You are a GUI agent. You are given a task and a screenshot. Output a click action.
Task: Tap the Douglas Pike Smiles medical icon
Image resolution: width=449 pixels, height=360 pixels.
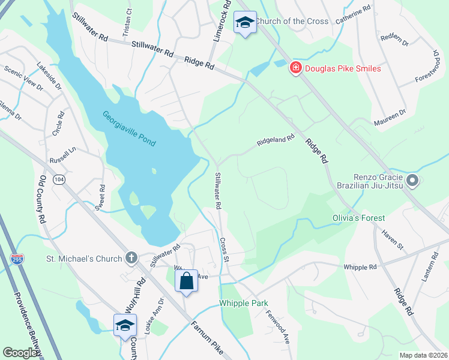pos(295,68)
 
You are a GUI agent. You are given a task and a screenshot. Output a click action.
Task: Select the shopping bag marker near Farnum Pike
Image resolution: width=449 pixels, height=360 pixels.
pos(186,280)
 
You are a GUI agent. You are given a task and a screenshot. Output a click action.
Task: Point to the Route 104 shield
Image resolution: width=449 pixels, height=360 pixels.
pos(59,179)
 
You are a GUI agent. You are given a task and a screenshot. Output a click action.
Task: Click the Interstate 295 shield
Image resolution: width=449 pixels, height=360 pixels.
pos(17,259)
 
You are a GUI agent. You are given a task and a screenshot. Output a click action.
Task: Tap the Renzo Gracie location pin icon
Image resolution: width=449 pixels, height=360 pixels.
pos(412,180)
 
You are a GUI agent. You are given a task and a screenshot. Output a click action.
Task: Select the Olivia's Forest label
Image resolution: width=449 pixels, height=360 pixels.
pos(359,218)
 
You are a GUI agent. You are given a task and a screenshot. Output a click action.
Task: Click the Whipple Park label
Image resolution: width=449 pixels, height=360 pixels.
pos(243,303)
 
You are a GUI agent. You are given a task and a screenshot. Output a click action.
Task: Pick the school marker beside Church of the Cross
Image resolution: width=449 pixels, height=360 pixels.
pos(245,23)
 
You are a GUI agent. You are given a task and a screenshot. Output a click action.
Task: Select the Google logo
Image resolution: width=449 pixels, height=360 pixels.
pos(20,353)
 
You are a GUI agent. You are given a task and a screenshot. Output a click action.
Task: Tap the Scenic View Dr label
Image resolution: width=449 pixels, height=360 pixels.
pos(23,79)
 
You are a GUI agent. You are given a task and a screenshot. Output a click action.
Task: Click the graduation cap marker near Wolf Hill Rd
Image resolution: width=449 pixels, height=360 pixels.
pos(125,325)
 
